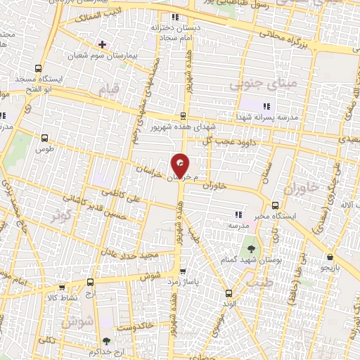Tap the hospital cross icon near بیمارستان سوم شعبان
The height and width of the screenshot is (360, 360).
coord(103,44)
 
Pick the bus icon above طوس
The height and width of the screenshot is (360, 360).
coord(46,139)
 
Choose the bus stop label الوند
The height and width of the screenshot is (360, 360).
coord(227,305)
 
